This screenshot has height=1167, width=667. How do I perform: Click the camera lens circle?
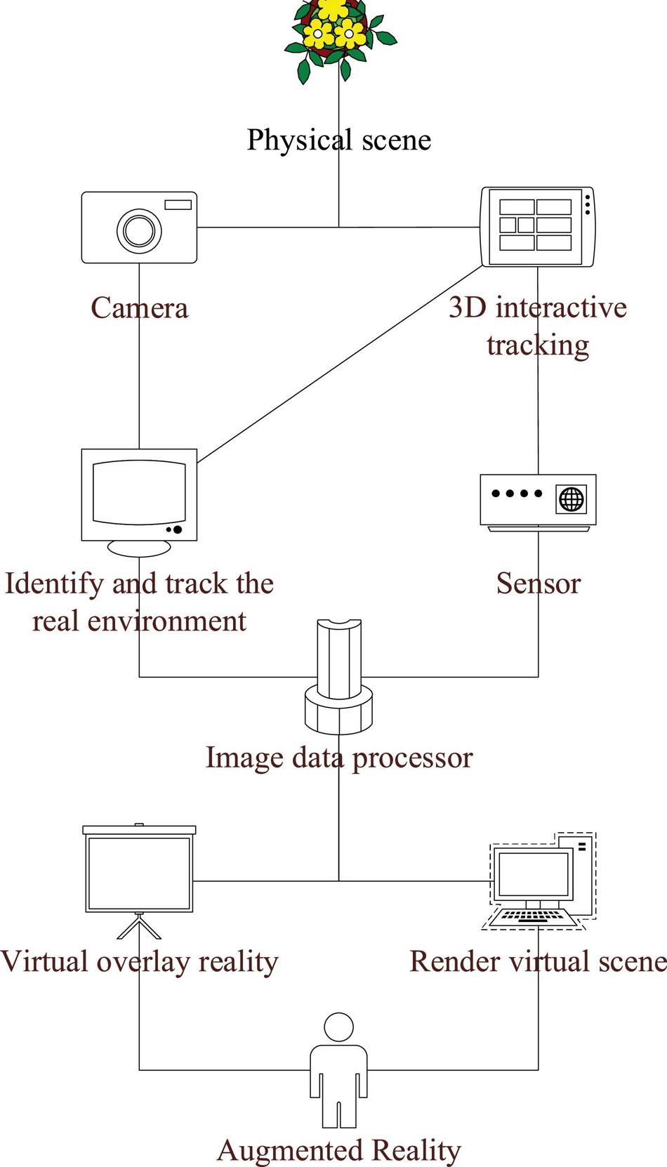pyautogui.click(x=139, y=230)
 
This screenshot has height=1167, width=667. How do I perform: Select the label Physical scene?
pyautogui.click(x=338, y=139)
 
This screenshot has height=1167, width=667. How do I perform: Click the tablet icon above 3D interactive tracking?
pyautogui.click(x=537, y=226)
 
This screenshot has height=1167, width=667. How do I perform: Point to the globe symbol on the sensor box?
pyautogui.click(x=572, y=499)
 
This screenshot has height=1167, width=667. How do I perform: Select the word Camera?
pyautogui.click(x=139, y=308)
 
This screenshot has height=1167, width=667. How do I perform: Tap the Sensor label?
pyautogui.click(x=539, y=583)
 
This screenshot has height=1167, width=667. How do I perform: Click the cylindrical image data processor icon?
pyautogui.click(x=338, y=674)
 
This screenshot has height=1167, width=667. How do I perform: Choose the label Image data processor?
pyautogui.click(x=338, y=758)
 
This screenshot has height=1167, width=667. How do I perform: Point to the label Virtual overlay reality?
pyautogui.click(x=139, y=961)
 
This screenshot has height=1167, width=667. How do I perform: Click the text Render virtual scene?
pyautogui.click(x=539, y=961)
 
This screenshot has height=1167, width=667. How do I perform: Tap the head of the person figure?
pyautogui.click(x=338, y=1027)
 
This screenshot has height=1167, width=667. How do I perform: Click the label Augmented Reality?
pyautogui.click(x=338, y=1150)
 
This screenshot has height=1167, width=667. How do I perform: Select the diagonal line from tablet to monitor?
pyautogui.click(x=340, y=364)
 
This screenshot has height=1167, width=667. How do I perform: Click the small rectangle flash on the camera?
pyautogui.click(x=178, y=204)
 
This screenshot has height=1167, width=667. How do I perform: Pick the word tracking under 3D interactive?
pyautogui.click(x=538, y=345)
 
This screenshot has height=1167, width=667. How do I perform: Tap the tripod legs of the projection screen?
pyautogui.click(x=139, y=927)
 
